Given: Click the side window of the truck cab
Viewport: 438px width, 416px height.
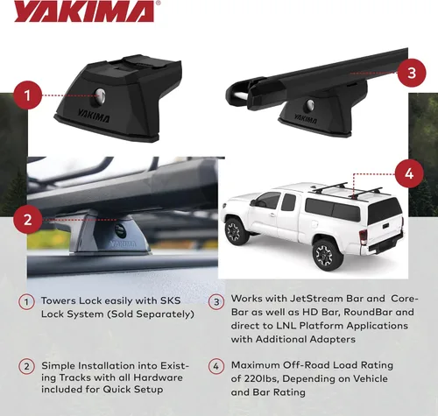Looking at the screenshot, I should click(269, 201).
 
